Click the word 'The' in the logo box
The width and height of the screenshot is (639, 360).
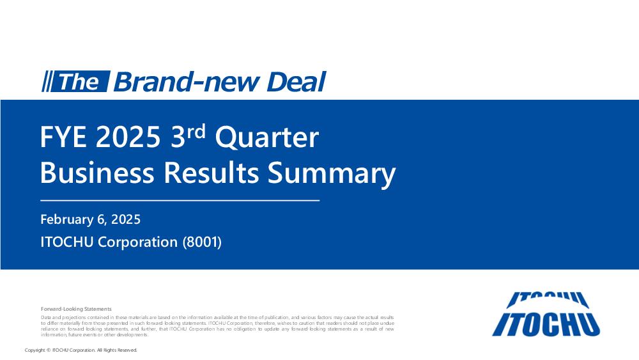pos(79,82)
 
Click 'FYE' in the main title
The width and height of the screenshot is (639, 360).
pos(63,137)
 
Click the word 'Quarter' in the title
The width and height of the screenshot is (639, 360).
pos(267,138)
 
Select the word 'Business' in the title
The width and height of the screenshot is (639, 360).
pos(97,173)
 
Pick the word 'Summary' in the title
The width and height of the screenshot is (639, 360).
pos(332,174)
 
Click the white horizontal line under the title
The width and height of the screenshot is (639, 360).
pos(180,201)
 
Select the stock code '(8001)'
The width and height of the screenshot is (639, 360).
pos(202,242)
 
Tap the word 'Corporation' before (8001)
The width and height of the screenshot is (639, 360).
pos(138,242)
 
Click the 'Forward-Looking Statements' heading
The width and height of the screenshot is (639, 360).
pos(76,309)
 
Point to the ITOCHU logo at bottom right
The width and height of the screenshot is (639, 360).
pos(546,314)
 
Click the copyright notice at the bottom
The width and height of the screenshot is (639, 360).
pos(81,350)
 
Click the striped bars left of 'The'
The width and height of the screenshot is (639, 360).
pos(47,82)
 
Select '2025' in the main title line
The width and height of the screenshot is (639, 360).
pos(128,137)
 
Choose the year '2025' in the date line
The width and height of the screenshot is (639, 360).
pos(126,219)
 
